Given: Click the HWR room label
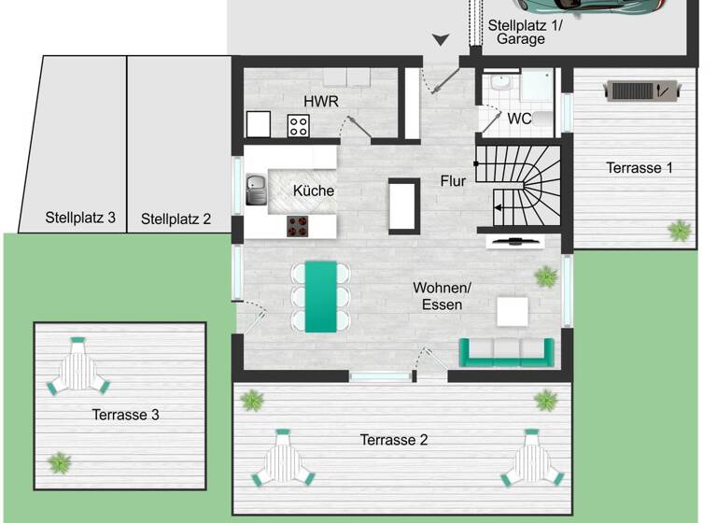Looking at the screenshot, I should click(x=320, y=101).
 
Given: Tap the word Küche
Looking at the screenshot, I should click(x=314, y=191).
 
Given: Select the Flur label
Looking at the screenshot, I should click(x=453, y=181).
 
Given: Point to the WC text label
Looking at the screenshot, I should click(x=520, y=119).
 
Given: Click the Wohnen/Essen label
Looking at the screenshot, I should click(x=443, y=295).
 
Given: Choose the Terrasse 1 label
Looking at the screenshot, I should click(x=640, y=168).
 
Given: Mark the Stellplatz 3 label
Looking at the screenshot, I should click(x=80, y=218).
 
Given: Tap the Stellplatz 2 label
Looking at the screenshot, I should click(x=176, y=219).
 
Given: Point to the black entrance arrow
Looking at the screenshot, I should click(x=441, y=39).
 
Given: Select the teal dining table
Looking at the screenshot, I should click(x=321, y=295).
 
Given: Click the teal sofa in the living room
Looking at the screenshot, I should click(x=505, y=351).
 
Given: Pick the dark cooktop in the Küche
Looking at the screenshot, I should click(x=297, y=226).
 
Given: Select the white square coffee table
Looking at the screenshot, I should click(x=513, y=311).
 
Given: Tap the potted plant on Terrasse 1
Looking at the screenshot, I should click(x=680, y=229).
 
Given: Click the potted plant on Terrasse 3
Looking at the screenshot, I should click(x=61, y=461).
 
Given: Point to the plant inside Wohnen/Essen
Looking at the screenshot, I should click(x=544, y=276).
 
